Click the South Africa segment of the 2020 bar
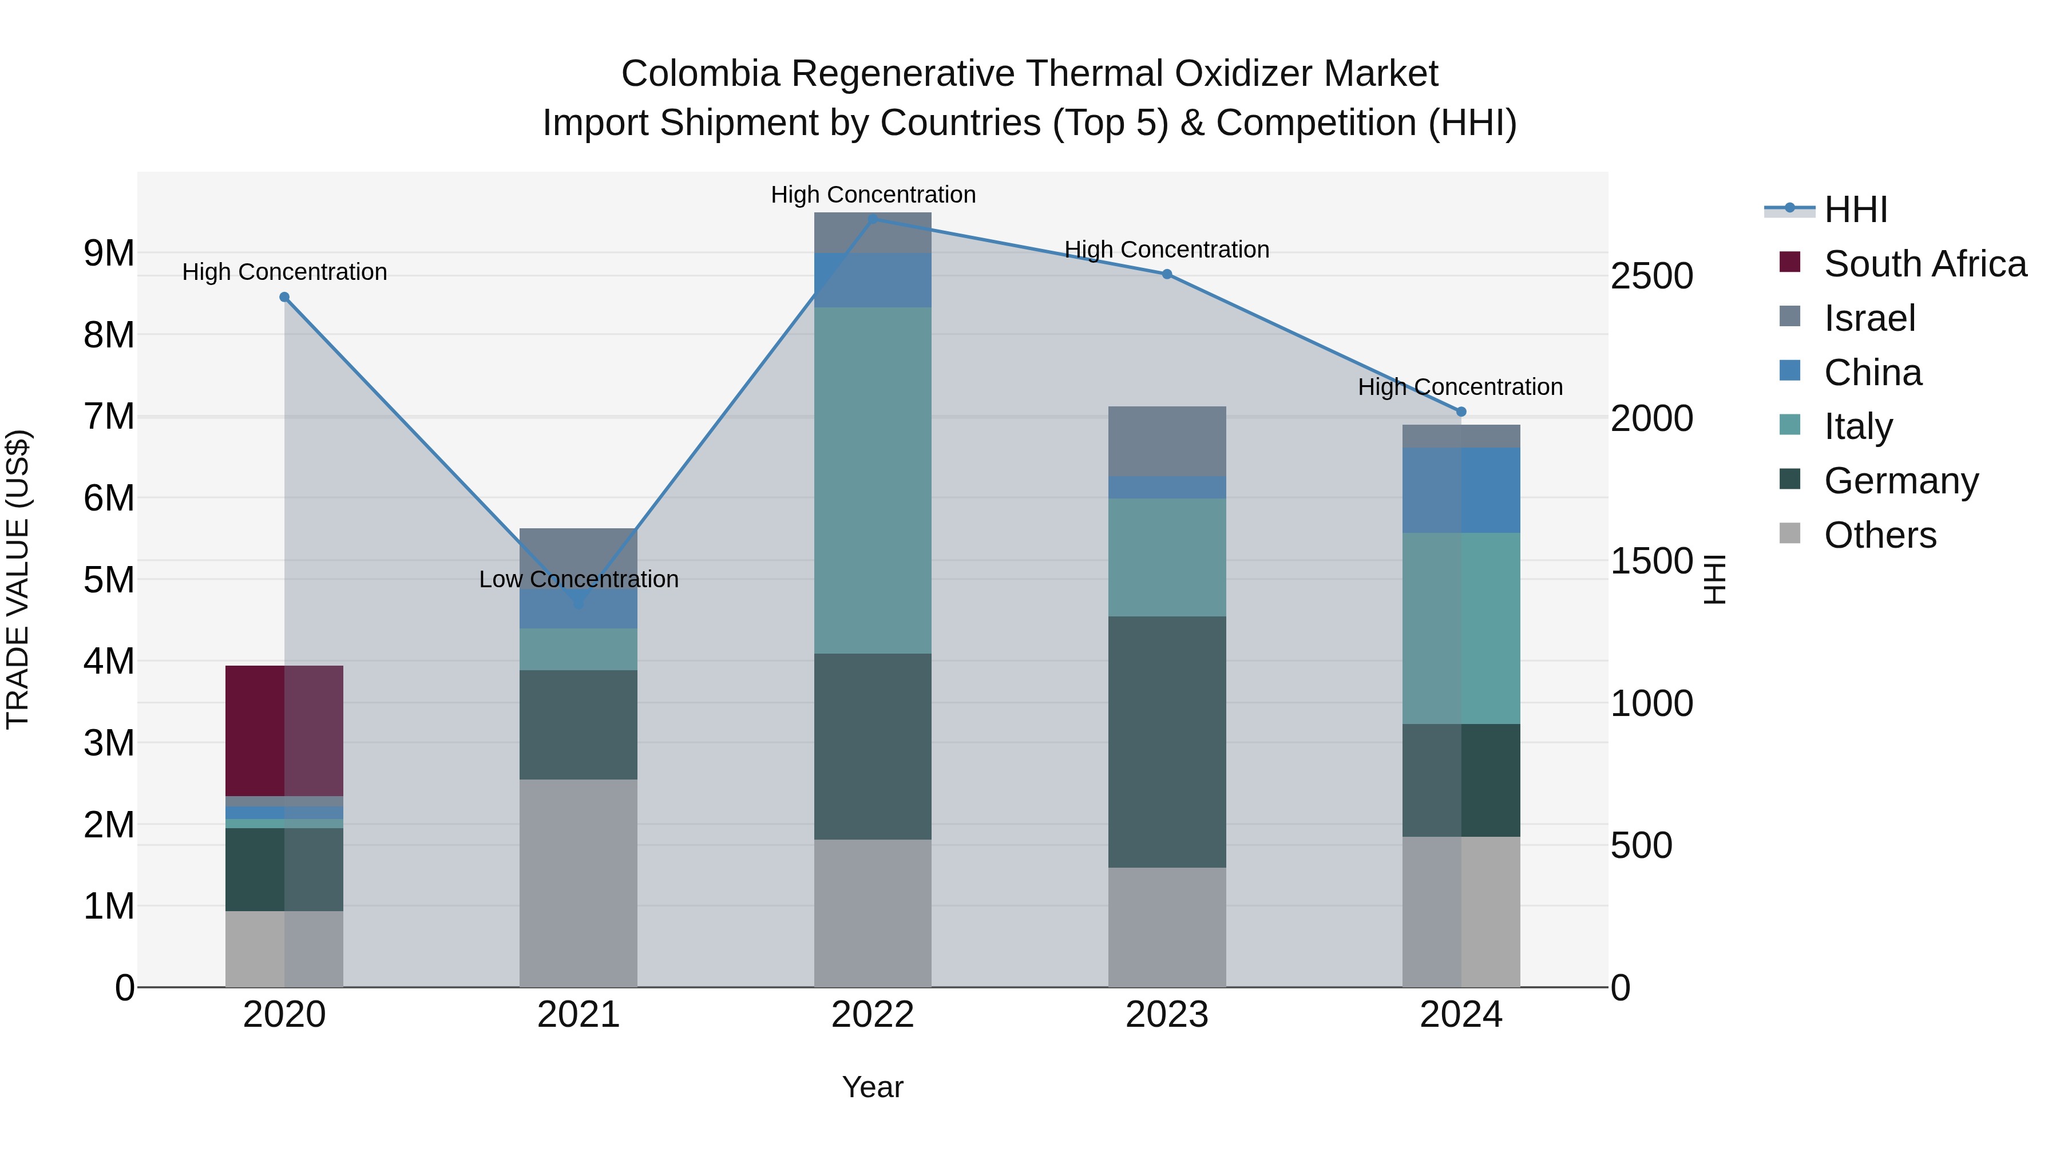(284, 730)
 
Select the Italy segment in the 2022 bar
(873, 480)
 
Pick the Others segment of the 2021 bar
(578, 883)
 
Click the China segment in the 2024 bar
(1461, 491)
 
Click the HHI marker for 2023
(1167, 274)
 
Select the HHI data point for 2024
(1461, 412)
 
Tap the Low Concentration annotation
(578, 579)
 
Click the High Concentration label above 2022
(873, 195)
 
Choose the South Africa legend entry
(1925, 264)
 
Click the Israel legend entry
(1869, 318)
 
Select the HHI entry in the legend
(1855, 209)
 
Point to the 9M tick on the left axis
(109, 254)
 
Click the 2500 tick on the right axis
(1651, 276)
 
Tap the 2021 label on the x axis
(578, 1015)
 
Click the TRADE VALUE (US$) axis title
(18, 579)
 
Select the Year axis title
(873, 1087)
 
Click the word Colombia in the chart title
(700, 74)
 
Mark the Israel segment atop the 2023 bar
(1167, 441)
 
